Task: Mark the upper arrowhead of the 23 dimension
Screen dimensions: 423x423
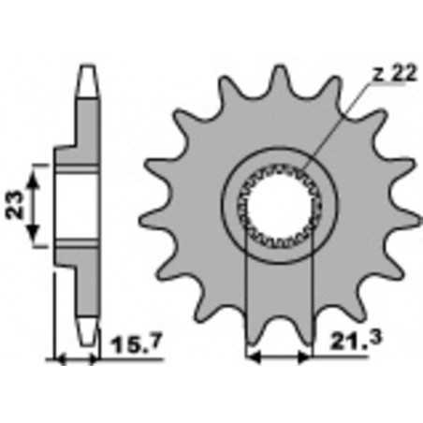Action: [x=38, y=168]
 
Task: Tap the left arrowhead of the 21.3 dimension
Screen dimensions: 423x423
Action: [x=250, y=357]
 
